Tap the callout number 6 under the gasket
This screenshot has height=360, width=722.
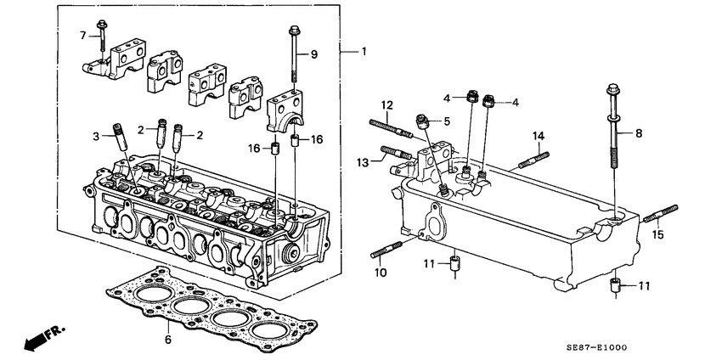pos(168,339)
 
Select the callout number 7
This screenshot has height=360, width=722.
pos(83,35)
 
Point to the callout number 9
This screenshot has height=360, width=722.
pos(313,54)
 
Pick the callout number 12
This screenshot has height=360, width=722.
pos(386,105)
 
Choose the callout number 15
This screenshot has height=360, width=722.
pos(657,233)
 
